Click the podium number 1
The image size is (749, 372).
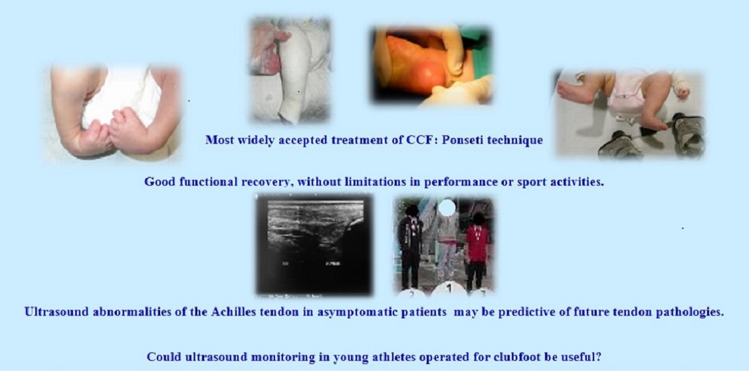[449, 288]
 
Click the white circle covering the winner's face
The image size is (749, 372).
[447, 207]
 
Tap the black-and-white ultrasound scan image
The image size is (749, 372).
[314, 244]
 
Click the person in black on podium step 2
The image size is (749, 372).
[410, 246]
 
